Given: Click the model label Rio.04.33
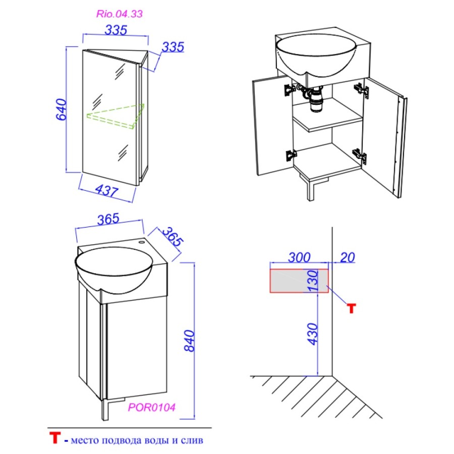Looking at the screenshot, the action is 119,14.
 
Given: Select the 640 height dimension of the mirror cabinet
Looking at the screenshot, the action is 62,109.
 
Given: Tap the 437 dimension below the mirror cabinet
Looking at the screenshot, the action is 106,191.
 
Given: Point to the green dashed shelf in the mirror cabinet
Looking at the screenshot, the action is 116,116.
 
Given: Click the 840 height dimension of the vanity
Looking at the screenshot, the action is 190,341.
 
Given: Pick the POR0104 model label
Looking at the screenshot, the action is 152,408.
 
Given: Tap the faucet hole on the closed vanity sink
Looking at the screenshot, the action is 142,241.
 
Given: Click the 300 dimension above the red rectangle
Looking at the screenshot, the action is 299,257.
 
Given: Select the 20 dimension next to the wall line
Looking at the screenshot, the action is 348,257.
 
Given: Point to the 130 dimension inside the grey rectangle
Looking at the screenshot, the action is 313,280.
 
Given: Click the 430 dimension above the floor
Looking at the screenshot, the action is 313,334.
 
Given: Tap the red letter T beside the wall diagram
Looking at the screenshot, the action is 352,309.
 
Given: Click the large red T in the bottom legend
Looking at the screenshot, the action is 54,437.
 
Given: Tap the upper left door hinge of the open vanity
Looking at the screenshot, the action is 290,90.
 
